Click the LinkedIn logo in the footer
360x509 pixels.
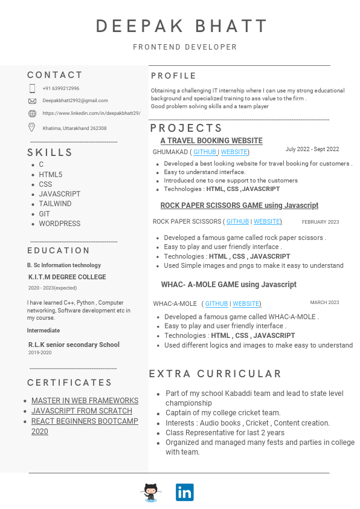[x=184, y=492]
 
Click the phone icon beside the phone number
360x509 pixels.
[x=32, y=88]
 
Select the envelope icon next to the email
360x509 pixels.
[x=32, y=101]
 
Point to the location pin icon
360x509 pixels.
[x=32, y=127]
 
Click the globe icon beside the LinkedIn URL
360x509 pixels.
[x=32, y=114]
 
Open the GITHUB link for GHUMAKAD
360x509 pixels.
[x=205, y=152]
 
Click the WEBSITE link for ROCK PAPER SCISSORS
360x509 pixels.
[x=267, y=222]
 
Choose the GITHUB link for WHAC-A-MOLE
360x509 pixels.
[x=216, y=303]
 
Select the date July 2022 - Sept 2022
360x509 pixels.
[x=312, y=149]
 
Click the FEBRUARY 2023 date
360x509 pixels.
[x=320, y=222]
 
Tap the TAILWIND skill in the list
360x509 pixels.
[x=55, y=204]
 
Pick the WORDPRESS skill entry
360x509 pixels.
[x=59, y=224]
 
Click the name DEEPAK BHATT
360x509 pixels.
[x=182, y=27]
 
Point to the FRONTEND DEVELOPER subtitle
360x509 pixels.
[x=185, y=47]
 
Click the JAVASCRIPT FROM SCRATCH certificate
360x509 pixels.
[x=82, y=411]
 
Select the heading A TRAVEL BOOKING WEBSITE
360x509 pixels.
[x=211, y=141]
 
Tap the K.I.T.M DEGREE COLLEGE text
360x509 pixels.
[x=67, y=277]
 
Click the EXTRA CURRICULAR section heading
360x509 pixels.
[x=216, y=374]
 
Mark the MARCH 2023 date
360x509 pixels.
[x=324, y=302]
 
